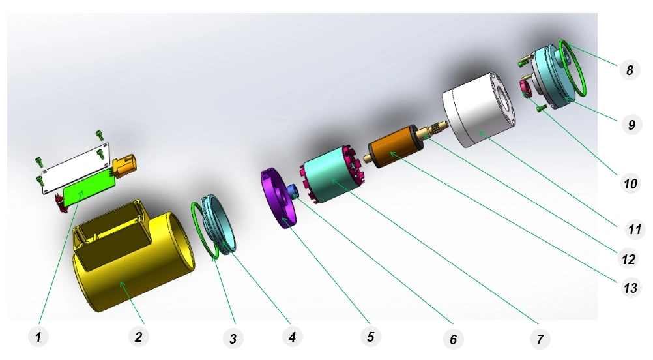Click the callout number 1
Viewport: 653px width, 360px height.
click(x=38, y=337)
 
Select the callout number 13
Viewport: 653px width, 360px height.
click(x=630, y=288)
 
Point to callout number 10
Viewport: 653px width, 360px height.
click(x=630, y=183)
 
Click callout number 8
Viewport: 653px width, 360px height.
click(x=630, y=70)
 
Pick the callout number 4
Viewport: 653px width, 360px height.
click(x=292, y=337)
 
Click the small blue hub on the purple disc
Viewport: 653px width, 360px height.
click(x=292, y=191)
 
